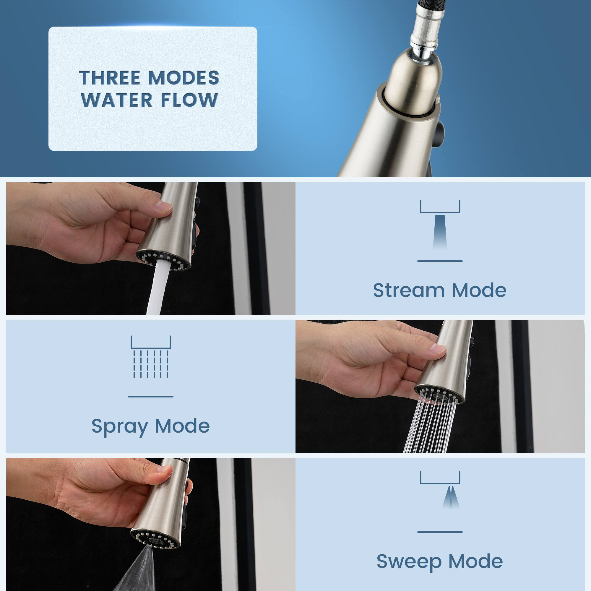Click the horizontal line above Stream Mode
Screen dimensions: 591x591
(x=440, y=261)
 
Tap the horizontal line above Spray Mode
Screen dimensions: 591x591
(x=150, y=397)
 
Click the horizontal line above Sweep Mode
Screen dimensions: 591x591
(x=440, y=532)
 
